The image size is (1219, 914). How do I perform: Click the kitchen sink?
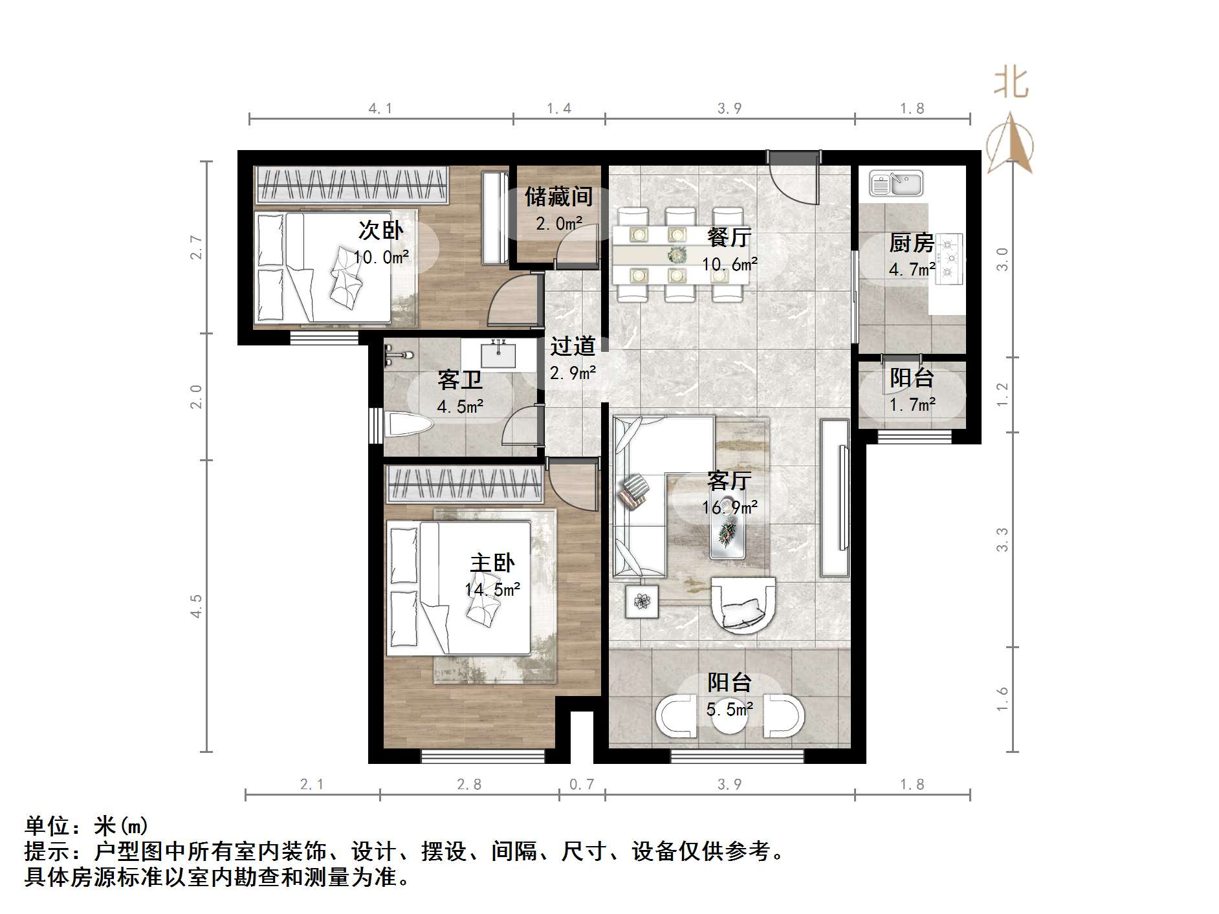point(896,183)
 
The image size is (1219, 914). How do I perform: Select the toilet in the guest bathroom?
point(408,426)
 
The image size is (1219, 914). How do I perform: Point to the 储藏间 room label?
point(558,197)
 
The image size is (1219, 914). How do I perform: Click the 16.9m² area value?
point(730,508)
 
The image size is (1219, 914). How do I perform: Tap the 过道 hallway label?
point(573,346)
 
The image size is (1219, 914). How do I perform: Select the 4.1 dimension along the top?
point(380,108)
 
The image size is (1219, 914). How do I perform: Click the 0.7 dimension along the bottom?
point(581,785)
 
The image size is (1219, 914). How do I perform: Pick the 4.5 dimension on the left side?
point(196,606)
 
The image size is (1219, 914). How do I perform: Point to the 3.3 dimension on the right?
point(1002,539)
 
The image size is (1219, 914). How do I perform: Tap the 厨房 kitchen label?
point(912,243)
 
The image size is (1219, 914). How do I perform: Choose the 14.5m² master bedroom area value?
point(492,590)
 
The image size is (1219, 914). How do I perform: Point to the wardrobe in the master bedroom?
point(463,484)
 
